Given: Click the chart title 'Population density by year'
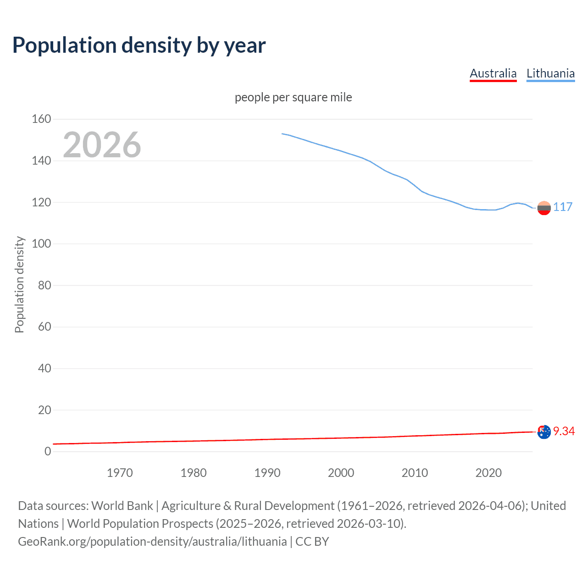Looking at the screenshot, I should (x=139, y=45).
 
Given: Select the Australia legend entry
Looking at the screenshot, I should (x=493, y=73).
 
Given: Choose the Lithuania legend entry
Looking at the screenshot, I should (x=550, y=73).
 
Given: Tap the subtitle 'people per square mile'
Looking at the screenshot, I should (x=293, y=97).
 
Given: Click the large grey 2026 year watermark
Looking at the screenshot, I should (x=102, y=145).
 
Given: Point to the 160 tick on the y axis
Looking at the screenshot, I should (x=41, y=119).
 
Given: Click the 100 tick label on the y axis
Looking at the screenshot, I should (x=41, y=244).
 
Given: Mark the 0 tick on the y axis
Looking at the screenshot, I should (x=48, y=451).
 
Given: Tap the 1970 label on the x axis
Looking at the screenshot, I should (x=120, y=473).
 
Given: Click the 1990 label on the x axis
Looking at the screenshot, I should (x=267, y=473).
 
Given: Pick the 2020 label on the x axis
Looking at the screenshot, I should (x=488, y=473).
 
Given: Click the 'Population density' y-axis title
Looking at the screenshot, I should (x=19, y=284).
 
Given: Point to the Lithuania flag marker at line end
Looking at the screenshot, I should (x=544, y=208).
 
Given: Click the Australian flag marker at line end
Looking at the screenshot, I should (x=544, y=432).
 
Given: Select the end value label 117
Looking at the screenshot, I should (x=563, y=207).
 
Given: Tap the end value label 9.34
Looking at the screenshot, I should (x=564, y=431).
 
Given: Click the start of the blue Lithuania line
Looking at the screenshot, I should (x=282, y=133).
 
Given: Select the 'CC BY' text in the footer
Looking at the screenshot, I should (x=312, y=542).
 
